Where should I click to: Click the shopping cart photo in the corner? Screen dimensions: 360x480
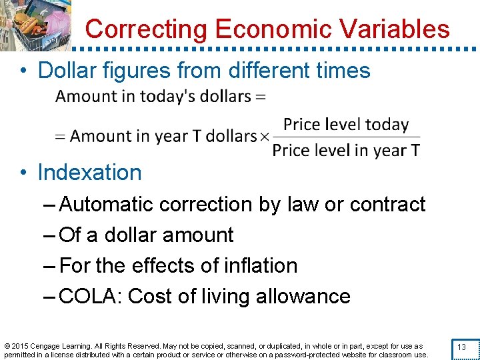click(x=37, y=25)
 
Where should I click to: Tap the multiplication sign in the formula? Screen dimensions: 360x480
click(x=264, y=137)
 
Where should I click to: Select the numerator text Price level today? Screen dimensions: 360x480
click(x=345, y=125)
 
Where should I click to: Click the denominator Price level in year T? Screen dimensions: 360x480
click(x=346, y=150)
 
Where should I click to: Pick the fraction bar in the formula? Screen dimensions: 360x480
click(x=346, y=137)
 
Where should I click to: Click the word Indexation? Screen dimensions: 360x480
click(x=89, y=173)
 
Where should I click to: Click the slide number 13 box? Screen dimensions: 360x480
click(x=461, y=348)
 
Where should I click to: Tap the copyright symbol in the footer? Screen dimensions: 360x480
click(x=7, y=347)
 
